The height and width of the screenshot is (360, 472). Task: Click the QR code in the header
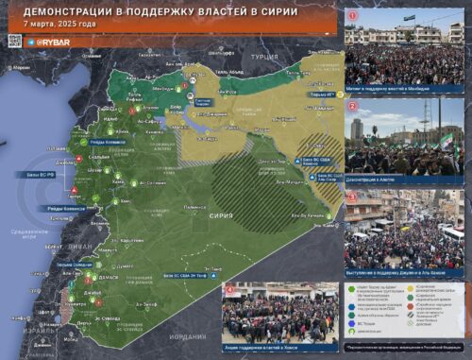(x=14, y=41)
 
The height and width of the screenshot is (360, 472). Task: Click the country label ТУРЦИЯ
(x=264, y=58)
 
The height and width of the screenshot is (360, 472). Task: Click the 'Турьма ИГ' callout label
(x=323, y=94)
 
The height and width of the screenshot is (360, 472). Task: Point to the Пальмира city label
(x=194, y=205)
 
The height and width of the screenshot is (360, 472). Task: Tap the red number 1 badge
(x=352, y=15)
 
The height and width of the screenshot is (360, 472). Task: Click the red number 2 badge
(x=352, y=106)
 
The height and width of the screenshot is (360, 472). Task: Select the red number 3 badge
(x=352, y=197)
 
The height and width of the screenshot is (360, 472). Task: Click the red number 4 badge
(x=229, y=288)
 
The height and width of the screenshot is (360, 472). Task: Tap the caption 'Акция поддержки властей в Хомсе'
(x=278, y=347)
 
